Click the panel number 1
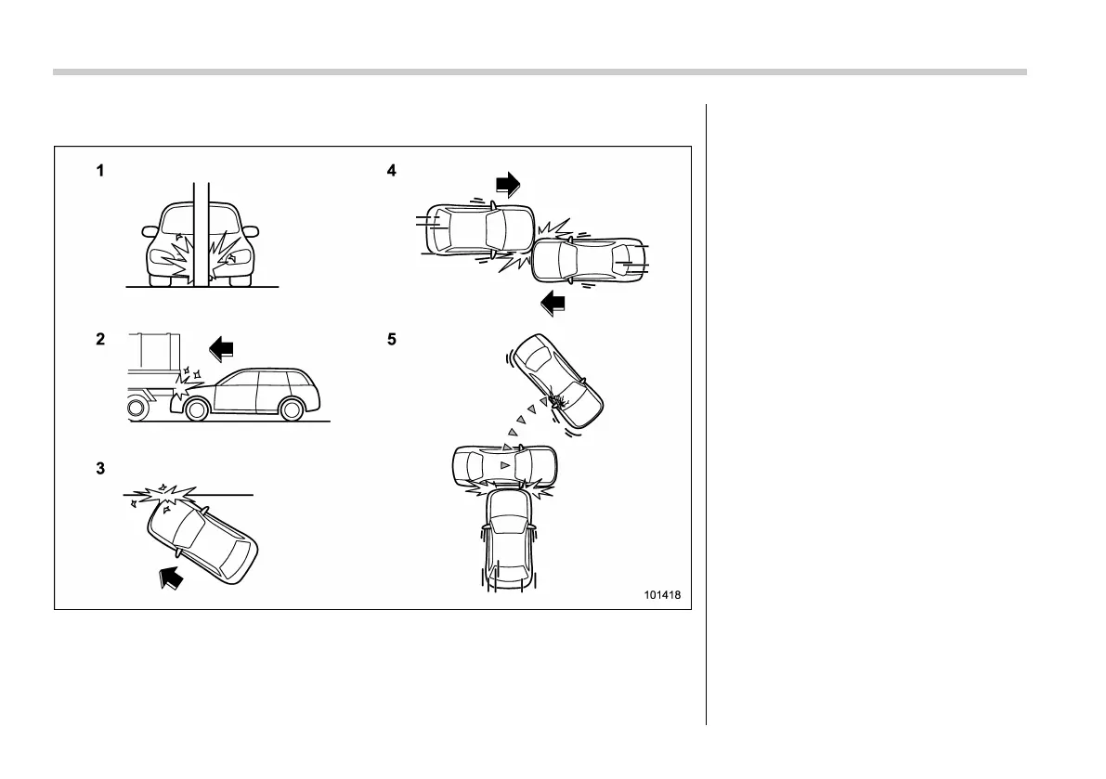tap(99, 171)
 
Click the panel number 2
tap(99, 340)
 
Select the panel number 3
tap(99, 469)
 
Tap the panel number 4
tap(392, 171)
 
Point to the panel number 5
tap(392, 340)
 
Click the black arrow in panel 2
tap(224, 349)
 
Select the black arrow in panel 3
tap(171, 578)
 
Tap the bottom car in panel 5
tap(507, 539)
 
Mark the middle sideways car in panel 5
tap(503, 464)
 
